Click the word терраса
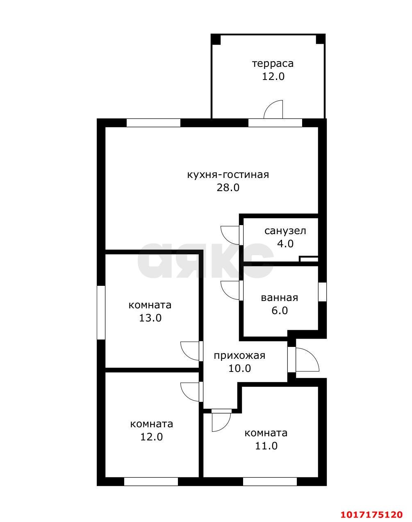[273, 64]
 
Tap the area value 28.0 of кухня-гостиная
[228, 187]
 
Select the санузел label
[285, 231]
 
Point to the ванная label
[279, 298]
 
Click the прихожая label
[239, 356]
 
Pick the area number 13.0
[150, 318]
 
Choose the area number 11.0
[266, 446]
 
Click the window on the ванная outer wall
[322, 292]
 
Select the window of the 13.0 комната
[101, 312]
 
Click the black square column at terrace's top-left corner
[216, 39]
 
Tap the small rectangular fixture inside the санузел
[309, 259]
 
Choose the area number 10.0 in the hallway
[239, 369]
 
